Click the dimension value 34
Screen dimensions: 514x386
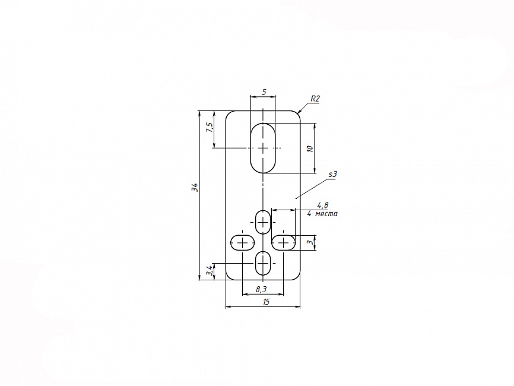coord(195,188)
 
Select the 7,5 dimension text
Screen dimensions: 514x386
coord(210,127)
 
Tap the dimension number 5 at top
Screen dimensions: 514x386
coord(264,92)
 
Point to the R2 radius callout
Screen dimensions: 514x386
coord(315,99)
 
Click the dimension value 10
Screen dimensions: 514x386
coord(310,148)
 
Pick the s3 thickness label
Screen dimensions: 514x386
coord(333,174)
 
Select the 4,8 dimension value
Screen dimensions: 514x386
coord(322,205)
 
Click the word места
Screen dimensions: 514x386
coord(326,214)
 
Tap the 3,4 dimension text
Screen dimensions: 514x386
coord(210,271)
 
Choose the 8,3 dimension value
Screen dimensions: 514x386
coord(261,289)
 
